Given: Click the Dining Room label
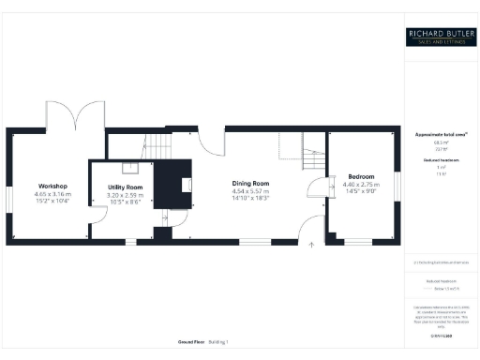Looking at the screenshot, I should [250, 183].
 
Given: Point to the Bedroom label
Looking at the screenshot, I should [361, 176].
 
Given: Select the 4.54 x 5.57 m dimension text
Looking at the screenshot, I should [250, 191].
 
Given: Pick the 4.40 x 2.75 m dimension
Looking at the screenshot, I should [361, 185].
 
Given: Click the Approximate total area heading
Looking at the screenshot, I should [440, 135].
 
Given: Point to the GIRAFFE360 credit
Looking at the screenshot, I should [440, 333].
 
